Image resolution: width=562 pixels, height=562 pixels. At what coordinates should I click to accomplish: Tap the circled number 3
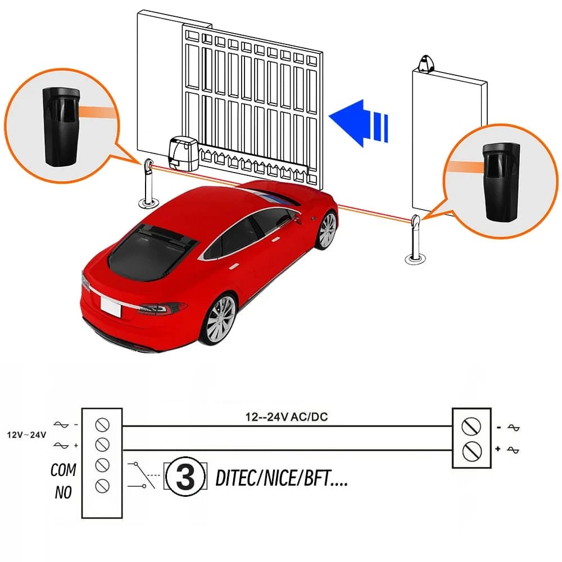pyautogui.click(x=185, y=477)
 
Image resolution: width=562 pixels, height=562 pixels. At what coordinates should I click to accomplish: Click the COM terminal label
pyautogui.click(x=64, y=470)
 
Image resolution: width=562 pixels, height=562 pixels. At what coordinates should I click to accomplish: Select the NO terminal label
pyautogui.click(x=64, y=492)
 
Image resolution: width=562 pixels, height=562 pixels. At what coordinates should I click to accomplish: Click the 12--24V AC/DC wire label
pyautogui.click(x=287, y=417)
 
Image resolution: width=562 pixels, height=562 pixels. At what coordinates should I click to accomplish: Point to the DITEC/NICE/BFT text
pyautogui.click(x=282, y=478)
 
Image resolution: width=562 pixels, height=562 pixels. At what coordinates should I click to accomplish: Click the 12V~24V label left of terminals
pyautogui.click(x=26, y=435)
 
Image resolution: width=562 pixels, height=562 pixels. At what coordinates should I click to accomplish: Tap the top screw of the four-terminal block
pyautogui.click(x=102, y=425)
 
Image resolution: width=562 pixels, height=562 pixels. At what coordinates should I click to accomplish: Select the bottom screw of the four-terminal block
pyautogui.click(x=102, y=486)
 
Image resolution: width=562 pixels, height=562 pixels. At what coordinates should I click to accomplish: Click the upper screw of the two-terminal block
pyautogui.click(x=472, y=427)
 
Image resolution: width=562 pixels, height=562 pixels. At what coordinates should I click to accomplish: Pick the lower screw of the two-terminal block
pyautogui.click(x=472, y=451)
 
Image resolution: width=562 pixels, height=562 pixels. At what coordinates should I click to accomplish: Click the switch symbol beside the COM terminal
pyautogui.click(x=142, y=475)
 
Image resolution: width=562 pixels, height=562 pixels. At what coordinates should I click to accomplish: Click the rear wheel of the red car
pyautogui.click(x=218, y=320)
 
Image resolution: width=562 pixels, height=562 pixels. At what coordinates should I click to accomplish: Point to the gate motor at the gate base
pyautogui.click(x=184, y=153)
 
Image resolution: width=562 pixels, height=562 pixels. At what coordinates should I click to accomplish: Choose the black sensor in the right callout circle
pyautogui.click(x=501, y=182)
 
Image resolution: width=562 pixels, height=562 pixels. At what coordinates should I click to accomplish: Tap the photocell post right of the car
pyautogui.click(x=415, y=239)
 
